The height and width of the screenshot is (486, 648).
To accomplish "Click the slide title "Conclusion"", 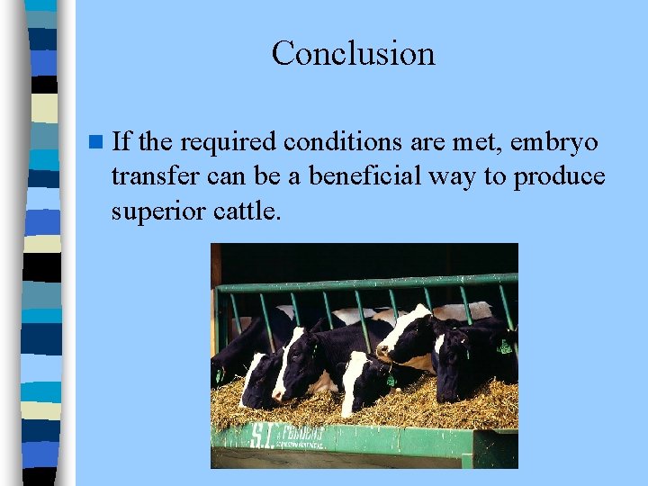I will coord(353,53).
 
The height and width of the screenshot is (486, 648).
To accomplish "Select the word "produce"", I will coord(559,178).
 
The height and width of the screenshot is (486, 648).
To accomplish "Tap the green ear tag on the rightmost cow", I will coord(505,346).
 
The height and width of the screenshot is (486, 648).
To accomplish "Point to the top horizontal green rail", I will coord(364,283).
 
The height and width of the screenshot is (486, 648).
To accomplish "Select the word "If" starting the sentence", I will coord(122,141).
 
